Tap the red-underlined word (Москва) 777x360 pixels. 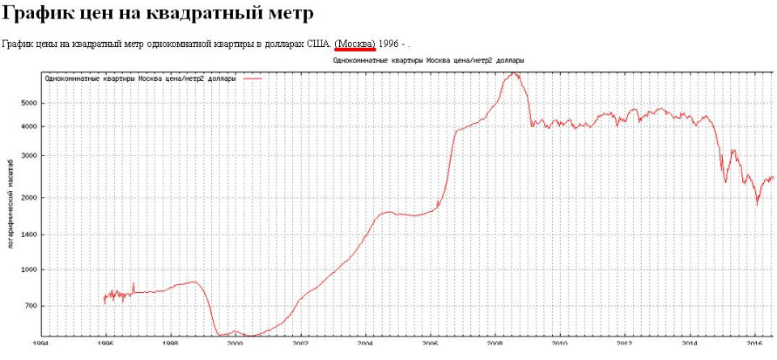[355, 43]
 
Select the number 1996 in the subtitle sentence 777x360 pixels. [390, 43]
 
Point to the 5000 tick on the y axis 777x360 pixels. [28, 103]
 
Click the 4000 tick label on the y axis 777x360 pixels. [28, 126]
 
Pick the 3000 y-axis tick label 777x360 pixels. [28, 156]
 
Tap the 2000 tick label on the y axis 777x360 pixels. [28, 198]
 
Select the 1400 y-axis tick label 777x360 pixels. [28, 235]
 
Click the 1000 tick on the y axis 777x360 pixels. [28, 270]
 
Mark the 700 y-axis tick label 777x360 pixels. [31, 306]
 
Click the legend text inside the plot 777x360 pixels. [141, 79]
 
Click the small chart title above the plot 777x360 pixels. [428, 61]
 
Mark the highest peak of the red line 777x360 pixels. [513, 74]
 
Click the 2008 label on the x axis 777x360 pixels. [494, 343]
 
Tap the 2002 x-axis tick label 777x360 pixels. [299, 343]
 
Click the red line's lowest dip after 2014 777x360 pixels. [758, 203]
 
